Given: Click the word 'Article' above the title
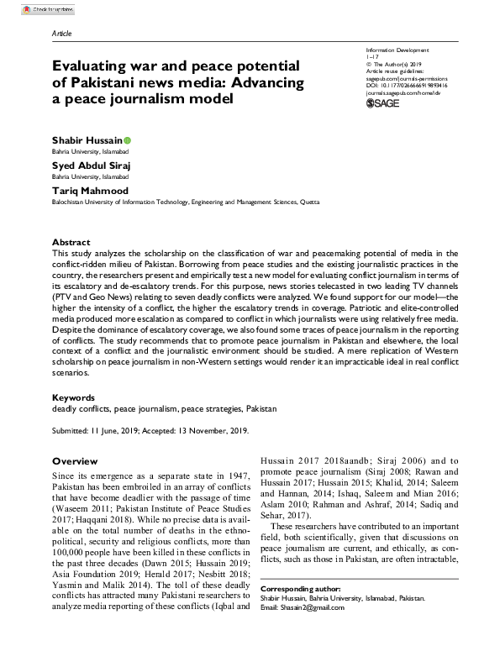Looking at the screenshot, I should click(62, 34).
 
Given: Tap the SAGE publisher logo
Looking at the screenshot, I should click(385, 103).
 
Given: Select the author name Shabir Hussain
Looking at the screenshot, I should click(86, 139).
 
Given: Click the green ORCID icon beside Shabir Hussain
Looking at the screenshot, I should click(127, 139).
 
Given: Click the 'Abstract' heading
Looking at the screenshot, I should click(71, 242).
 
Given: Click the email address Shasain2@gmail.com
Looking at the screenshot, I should click(318, 608).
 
